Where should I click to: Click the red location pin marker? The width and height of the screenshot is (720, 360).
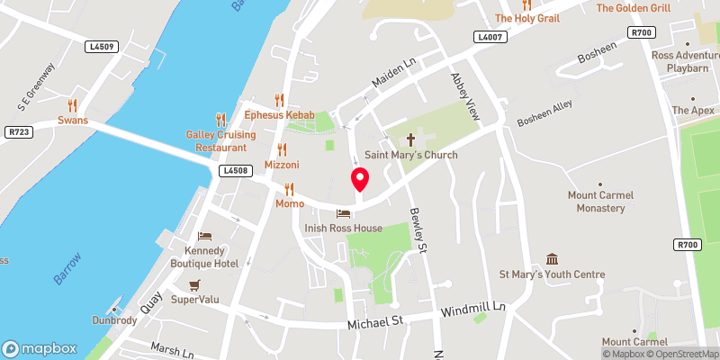[359, 179]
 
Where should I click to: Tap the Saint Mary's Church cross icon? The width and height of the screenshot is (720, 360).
[411, 139]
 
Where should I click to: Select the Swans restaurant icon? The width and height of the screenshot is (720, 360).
[72, 104]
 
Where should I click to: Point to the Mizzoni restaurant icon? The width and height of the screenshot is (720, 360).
[282, 149]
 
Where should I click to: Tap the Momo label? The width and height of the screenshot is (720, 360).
[290, 204]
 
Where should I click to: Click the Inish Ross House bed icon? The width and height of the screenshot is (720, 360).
[343, 213]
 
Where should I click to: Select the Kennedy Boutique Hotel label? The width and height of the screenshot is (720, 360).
[205, 256]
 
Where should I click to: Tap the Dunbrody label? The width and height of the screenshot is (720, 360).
[114, 320]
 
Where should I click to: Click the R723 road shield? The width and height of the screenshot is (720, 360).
[18, 132]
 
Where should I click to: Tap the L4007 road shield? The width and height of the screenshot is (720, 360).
[490, 37]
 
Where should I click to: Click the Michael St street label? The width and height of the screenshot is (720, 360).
[375, 320]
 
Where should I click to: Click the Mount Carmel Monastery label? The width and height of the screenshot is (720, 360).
[601, 202]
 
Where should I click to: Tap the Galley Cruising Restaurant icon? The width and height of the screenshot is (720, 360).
[220, 119]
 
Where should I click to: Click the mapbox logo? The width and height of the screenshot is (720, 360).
[39, 348]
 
